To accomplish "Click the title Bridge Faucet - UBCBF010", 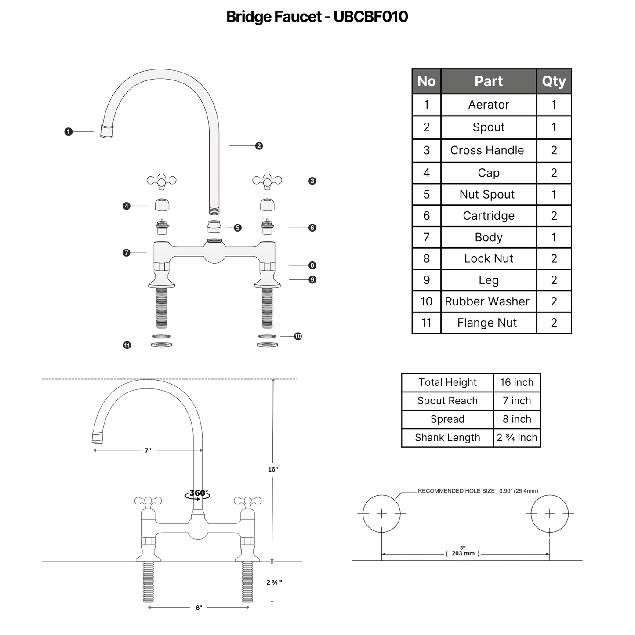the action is coord(317,16).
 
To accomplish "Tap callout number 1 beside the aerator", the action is coord(68,132).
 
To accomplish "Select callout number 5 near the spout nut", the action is coord(238,228).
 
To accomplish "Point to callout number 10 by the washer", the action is coord(298,336).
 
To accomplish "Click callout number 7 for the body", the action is coord(127,253).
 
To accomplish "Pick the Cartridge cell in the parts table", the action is coord(489,215).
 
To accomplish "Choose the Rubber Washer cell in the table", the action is coord(487,301).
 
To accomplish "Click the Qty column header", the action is coord(554,81).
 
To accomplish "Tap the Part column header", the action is coord(489,81).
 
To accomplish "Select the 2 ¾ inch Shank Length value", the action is coord(517,438).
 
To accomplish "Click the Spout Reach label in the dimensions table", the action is coord(447,401).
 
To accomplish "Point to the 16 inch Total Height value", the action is coord(517,382).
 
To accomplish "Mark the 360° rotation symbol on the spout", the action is coord(197,494).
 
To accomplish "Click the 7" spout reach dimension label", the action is coord(148,450).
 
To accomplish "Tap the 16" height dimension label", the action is coord(273,469).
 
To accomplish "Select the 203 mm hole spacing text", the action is coord(463,553).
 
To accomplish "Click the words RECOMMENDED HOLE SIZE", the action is coord(456,491).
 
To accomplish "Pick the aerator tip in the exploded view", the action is coord(107,131).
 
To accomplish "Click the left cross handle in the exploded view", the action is coord(161,181).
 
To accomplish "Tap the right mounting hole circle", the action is coord(549,495).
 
